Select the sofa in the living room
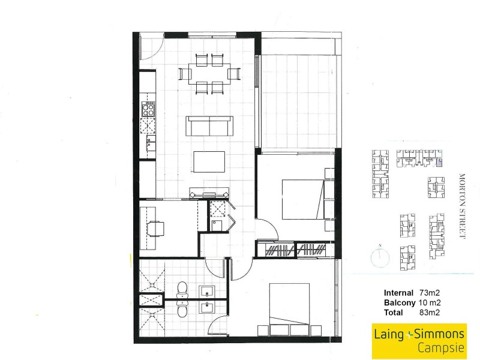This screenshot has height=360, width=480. pos(209,126)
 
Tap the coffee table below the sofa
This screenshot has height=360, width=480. pos(209,161)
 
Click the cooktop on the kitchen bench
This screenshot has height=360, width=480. pos(148,108)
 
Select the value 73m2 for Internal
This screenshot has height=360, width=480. pos(430,293)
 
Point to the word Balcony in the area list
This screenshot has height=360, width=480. pos(398,302)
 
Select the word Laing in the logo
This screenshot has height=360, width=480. pos(389,334)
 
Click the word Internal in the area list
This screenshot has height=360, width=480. pos(398,293)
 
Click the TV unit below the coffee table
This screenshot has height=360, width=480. pos(209,193)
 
